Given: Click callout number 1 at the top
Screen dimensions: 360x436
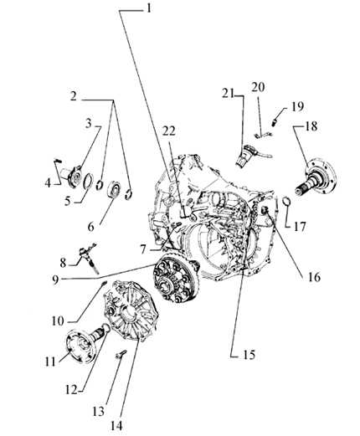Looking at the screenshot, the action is point(149,8).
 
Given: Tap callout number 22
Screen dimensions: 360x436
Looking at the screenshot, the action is point(169,131).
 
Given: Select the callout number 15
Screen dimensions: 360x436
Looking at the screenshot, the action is point(249,355).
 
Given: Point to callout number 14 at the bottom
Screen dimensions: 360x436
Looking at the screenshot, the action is point(116,426).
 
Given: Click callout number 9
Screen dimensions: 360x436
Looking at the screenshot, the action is point(56,280).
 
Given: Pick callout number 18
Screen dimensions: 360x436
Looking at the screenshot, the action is point(311,126).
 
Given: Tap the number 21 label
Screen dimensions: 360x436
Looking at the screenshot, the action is point(229,94).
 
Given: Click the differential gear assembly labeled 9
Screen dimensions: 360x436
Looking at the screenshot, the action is point(176,281).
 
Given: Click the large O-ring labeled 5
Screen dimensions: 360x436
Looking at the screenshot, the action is point(88,182).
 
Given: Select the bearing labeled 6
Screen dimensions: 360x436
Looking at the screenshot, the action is point(114,188).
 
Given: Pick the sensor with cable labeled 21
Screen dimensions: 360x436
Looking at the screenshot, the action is point(248,156).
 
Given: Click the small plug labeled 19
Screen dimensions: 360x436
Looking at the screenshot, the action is point(275,122).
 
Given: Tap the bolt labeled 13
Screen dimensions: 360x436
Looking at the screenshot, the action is point(121,354).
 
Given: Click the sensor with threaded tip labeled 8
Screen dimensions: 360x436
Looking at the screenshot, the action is point(89,257).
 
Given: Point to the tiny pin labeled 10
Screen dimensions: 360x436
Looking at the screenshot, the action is point(103,283).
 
